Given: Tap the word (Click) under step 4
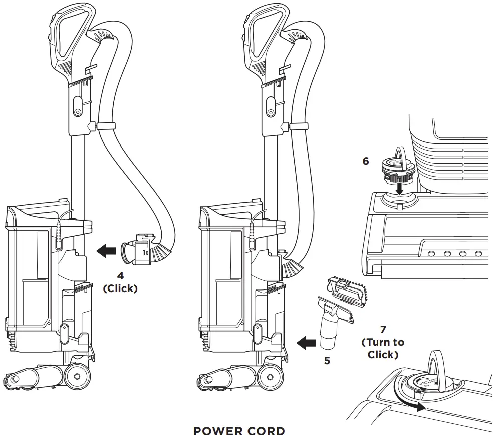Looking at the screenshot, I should click(120, 289).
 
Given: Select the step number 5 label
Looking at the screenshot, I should click(327, 360).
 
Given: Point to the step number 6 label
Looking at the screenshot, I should click(365, 161).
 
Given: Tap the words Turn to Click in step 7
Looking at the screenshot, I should click(383, 348).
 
